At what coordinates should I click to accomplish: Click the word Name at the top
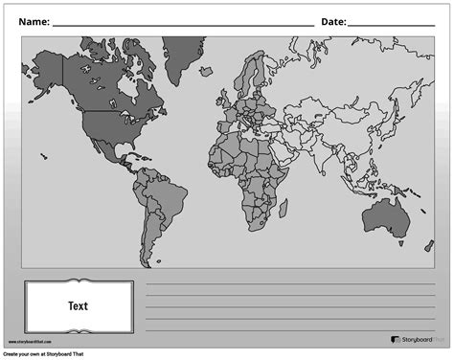[x=34, y=21]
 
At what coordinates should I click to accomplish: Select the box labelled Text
[x=79, y=306]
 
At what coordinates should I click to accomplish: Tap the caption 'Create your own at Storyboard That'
[x=54, y=354]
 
